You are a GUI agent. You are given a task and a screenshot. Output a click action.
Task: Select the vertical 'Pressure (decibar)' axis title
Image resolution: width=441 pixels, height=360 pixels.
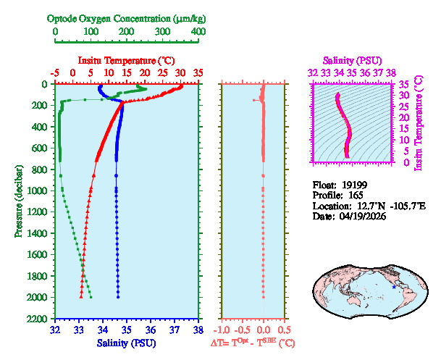[x=17, y=201]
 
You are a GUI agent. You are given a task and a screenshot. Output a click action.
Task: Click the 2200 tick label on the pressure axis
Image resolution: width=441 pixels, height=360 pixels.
[x=38, y=319]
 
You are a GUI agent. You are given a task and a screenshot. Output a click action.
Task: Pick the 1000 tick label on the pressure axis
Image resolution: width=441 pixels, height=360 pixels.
[x=38, y=191]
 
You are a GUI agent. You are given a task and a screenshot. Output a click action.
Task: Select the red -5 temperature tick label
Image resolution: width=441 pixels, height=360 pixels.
[x=55, y=73]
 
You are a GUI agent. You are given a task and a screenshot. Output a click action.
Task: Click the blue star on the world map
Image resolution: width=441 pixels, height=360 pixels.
[x=394, y=288]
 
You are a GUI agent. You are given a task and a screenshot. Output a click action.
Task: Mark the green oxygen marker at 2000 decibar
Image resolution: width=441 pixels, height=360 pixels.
[x=91, y=297]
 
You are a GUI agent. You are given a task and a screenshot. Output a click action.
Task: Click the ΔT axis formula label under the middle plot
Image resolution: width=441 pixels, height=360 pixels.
[x=252, y=343]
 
